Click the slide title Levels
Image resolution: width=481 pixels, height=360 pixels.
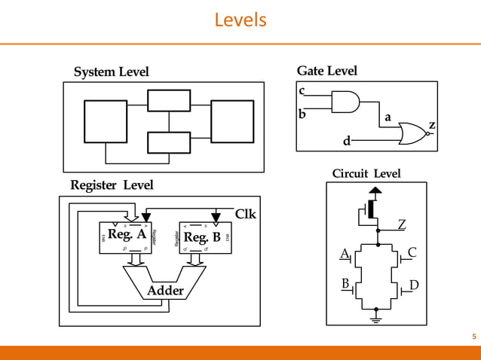point(240,19)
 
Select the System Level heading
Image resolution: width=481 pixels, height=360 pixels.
point(111,72)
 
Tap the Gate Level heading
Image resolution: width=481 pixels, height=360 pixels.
point(326,71)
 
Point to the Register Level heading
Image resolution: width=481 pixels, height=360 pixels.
point(112,185)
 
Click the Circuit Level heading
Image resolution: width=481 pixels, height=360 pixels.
point(366,174)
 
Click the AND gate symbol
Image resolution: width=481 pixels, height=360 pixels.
point(345,102)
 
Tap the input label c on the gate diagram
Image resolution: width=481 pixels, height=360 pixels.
point(302,91)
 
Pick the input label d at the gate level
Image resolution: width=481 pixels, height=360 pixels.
point(347,141)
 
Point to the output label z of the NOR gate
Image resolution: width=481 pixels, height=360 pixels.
point(432,124)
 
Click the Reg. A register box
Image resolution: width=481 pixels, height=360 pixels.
point(127,236)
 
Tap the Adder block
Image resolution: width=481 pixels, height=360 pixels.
point(165,290)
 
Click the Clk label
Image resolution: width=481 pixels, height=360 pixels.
point(246,214)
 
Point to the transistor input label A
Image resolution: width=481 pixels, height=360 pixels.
point(344,254)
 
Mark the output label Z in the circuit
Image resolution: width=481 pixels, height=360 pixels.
point(402,224)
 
